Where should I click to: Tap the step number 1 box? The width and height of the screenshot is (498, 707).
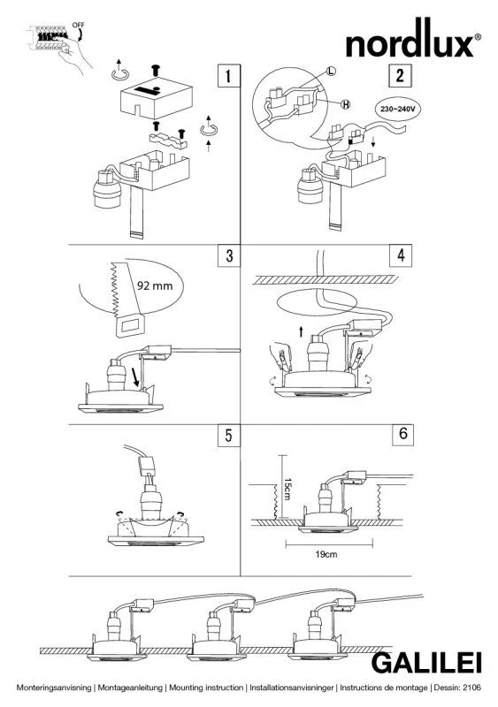point(228,75)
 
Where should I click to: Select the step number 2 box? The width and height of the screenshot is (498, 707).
point(400,75)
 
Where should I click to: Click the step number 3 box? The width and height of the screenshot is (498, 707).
point(229,255)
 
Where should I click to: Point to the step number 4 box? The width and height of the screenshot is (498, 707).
point(401,255)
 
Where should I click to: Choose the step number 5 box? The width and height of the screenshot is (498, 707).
point(228,436)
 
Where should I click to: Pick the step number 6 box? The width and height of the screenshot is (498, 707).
point(402,434)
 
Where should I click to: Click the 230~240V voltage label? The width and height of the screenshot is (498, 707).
point(397,109)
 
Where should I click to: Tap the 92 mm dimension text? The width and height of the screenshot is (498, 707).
point(155,285)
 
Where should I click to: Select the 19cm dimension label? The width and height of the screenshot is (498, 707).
point(326,554)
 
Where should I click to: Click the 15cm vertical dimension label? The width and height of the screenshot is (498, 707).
point(287,489)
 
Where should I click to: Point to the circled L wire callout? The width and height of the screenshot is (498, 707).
point(331,71)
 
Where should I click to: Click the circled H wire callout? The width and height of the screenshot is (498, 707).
point(345,104)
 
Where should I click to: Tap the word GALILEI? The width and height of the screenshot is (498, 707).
point(426,664)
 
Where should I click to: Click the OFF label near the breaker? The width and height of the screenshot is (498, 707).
point(78,26)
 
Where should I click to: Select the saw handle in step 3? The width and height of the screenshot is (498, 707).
point(130,326)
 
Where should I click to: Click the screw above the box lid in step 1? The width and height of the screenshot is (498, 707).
point(157,71)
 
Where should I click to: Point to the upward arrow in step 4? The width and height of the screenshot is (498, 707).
point(301,332)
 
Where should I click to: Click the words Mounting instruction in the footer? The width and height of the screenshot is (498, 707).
point(206,688)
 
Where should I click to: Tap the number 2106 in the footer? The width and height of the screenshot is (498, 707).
point(471,688)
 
